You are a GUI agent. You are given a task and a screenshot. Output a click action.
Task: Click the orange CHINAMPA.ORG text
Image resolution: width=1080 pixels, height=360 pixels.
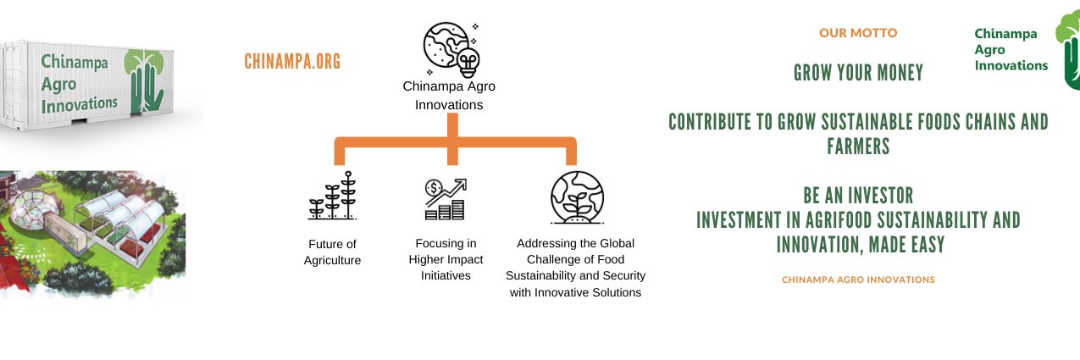tap(292, 62)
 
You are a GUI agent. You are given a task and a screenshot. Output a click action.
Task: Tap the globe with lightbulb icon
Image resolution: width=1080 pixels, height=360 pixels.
tap(451, 50)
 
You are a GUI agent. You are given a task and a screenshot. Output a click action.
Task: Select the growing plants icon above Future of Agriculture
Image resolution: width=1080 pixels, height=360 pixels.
tap(332, 196)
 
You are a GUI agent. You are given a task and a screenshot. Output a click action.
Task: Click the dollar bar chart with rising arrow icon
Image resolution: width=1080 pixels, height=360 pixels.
tap(446, 199)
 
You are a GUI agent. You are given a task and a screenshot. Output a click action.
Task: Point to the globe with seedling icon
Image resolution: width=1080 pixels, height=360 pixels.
tap(577, 197)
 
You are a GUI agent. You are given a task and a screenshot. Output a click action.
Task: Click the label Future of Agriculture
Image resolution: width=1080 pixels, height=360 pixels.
tap(332, 252)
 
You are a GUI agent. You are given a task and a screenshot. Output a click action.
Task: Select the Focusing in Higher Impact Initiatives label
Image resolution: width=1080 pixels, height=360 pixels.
tap(446, 259)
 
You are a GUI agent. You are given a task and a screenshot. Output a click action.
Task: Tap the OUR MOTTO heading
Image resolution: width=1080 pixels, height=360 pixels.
tap(858, 33)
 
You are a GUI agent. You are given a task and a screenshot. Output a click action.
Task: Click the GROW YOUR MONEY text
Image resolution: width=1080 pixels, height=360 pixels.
tap(858, 73)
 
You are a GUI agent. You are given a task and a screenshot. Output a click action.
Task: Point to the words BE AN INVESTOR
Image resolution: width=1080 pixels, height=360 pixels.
tap(858, 196)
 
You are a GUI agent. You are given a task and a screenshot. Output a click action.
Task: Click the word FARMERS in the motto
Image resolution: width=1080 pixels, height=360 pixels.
tap(858, 146)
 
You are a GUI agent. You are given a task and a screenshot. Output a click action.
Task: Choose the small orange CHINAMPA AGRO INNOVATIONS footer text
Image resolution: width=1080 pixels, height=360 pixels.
tap(858, 280)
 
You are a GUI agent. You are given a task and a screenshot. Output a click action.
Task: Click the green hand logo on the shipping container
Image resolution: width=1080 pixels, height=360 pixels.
tap(144, 80)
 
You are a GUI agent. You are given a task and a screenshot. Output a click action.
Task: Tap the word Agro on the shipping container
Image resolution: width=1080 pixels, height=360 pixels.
tap(58, 85)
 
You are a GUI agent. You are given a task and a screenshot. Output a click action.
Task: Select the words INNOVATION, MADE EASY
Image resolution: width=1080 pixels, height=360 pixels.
tap(861, 245)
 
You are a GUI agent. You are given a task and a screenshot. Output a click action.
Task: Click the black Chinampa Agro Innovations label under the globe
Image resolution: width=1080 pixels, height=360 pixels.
tap(449, 96)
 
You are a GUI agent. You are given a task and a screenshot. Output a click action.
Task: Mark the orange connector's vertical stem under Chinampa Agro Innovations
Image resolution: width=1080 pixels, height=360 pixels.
tap(452, 139)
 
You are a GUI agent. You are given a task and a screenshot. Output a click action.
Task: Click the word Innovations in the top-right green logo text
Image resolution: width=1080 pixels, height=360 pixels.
tap(1011, 65)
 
